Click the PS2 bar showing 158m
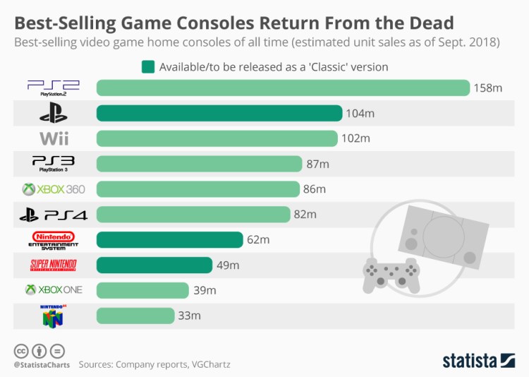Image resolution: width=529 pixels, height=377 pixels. pos(282,88)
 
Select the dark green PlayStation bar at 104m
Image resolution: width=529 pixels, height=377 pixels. pos(219,113)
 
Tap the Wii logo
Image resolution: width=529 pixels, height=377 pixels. pos(54,138)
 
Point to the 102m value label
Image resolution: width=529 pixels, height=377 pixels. pos(355,138)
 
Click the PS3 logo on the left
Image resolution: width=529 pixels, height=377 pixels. pos(53,164)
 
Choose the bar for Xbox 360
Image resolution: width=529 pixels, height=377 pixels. pos(197,189)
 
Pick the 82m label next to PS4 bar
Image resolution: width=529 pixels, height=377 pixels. pos(305,215)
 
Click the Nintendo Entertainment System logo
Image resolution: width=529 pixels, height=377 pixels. pos(54,239)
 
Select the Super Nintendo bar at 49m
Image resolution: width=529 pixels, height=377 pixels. pos(154,265)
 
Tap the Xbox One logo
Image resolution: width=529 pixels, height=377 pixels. pos(54,290)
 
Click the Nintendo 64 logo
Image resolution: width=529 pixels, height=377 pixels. pos(54,315)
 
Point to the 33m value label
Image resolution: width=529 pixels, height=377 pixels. pos(189,316)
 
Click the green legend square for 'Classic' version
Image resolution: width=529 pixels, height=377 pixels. pos(147,67)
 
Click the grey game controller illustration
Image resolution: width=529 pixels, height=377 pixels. pos(390,274)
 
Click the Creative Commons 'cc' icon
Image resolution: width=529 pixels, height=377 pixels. pos(20,350)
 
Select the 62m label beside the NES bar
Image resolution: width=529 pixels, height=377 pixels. pos(258,240)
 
